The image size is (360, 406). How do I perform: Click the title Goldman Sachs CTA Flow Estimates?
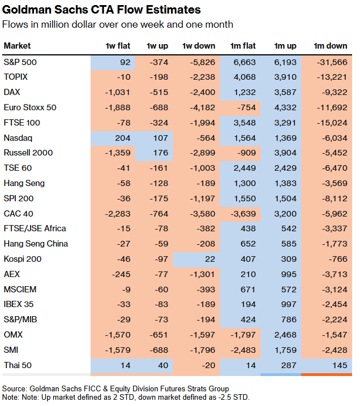101,10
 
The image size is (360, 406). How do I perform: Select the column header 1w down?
199,46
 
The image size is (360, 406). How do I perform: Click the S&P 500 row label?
20,62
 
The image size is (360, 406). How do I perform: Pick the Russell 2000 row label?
28,153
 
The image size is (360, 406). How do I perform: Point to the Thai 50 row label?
19,365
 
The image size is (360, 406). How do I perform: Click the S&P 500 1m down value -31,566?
329,62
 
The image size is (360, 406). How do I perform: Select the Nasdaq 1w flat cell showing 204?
122,137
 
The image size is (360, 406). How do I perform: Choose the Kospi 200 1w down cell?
207,259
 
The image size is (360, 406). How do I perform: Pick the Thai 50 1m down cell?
338,365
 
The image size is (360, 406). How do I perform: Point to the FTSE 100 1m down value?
329,122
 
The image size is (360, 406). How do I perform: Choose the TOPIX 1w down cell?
202,77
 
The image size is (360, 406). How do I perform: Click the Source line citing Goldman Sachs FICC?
115,388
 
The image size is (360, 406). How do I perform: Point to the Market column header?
17,46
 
